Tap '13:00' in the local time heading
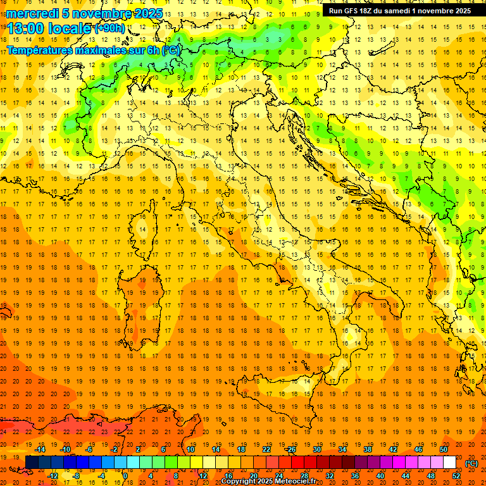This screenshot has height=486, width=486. tap(26, 28)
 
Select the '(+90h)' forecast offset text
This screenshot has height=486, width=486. tap(109, 28)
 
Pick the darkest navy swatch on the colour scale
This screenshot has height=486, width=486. tap(32, 463)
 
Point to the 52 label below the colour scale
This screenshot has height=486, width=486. tap(456, 476)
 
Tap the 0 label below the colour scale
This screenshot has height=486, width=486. tap(125, 476)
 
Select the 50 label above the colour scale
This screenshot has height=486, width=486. tap(444, 449)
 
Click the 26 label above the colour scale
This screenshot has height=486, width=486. tap(290, 449)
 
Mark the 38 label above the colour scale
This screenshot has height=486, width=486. tap(367, 449)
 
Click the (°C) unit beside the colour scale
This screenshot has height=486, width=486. tap(471, 463)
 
